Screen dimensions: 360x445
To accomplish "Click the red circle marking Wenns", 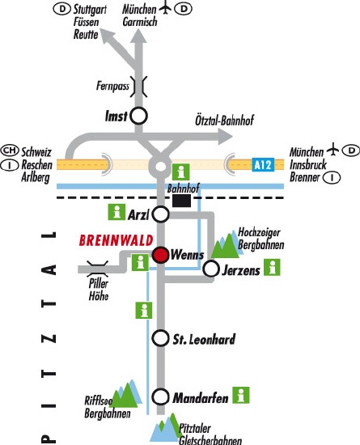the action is tap(160, 255).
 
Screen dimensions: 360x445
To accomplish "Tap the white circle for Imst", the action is tap(138, 116).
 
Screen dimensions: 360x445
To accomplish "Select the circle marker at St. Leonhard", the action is tap(160, 338).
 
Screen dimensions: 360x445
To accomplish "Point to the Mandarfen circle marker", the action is tap(160, 397).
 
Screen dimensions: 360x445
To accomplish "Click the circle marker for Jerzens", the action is tap(211, 269).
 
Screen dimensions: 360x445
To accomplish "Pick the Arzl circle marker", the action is tap(160, 214).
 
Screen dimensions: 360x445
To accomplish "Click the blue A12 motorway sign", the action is tap(263, 164).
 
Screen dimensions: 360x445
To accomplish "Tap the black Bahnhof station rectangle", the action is tap(181, 201).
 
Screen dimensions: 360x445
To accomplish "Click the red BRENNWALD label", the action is tap(116, 240).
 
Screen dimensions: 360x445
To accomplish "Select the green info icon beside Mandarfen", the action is tap(241, 395).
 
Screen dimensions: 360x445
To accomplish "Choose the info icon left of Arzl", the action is tap(116, 212).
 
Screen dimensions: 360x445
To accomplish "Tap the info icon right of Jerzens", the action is tap(272, 267).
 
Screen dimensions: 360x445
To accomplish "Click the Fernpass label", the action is tap(112, 86).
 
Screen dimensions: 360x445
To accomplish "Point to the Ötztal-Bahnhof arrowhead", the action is tap(226, 136).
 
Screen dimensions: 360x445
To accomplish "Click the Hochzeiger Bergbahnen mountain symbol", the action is tap(226, 244).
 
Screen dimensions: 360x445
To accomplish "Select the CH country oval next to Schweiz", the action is tap(10, 150).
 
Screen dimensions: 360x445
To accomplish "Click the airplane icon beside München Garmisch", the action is tap(165, 8).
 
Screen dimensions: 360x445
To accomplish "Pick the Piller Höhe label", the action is tap(99, 290).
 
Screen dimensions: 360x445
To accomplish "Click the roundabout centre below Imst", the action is tap(160, 167).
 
